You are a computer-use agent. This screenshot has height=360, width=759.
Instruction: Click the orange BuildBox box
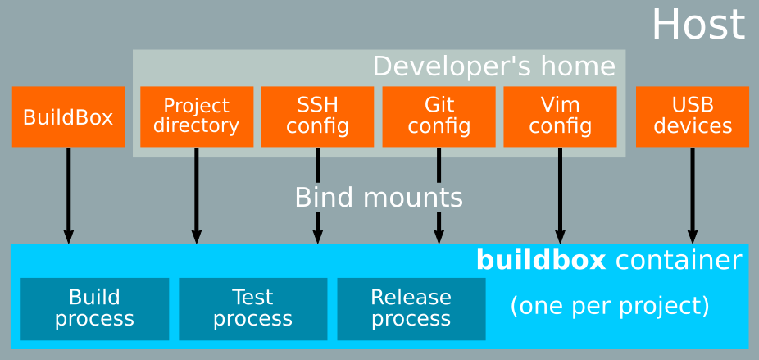click(68, 116)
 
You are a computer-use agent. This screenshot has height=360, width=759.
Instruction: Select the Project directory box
click(196, 116)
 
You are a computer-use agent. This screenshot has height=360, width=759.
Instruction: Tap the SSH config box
click(317, 116)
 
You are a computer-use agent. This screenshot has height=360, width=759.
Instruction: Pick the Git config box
click(439, 116)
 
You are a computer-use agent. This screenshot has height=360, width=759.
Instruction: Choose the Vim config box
click(560, 116)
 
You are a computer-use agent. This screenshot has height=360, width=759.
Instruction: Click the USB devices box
click(693, 116)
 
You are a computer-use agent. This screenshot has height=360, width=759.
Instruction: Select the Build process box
click(94, 308)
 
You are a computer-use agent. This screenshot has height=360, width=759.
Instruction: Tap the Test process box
click(252, 308)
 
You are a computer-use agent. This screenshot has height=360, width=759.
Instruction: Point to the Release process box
click(411, 308)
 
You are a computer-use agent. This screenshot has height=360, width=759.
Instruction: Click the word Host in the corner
click(698, 25)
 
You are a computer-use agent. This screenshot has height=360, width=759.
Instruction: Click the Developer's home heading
click(493, 66)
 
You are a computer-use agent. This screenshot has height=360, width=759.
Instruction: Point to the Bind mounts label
click(378, 198)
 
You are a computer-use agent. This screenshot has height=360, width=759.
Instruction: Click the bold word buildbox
click(540, 260)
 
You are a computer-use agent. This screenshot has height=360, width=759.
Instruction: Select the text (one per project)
click(609, 306)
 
